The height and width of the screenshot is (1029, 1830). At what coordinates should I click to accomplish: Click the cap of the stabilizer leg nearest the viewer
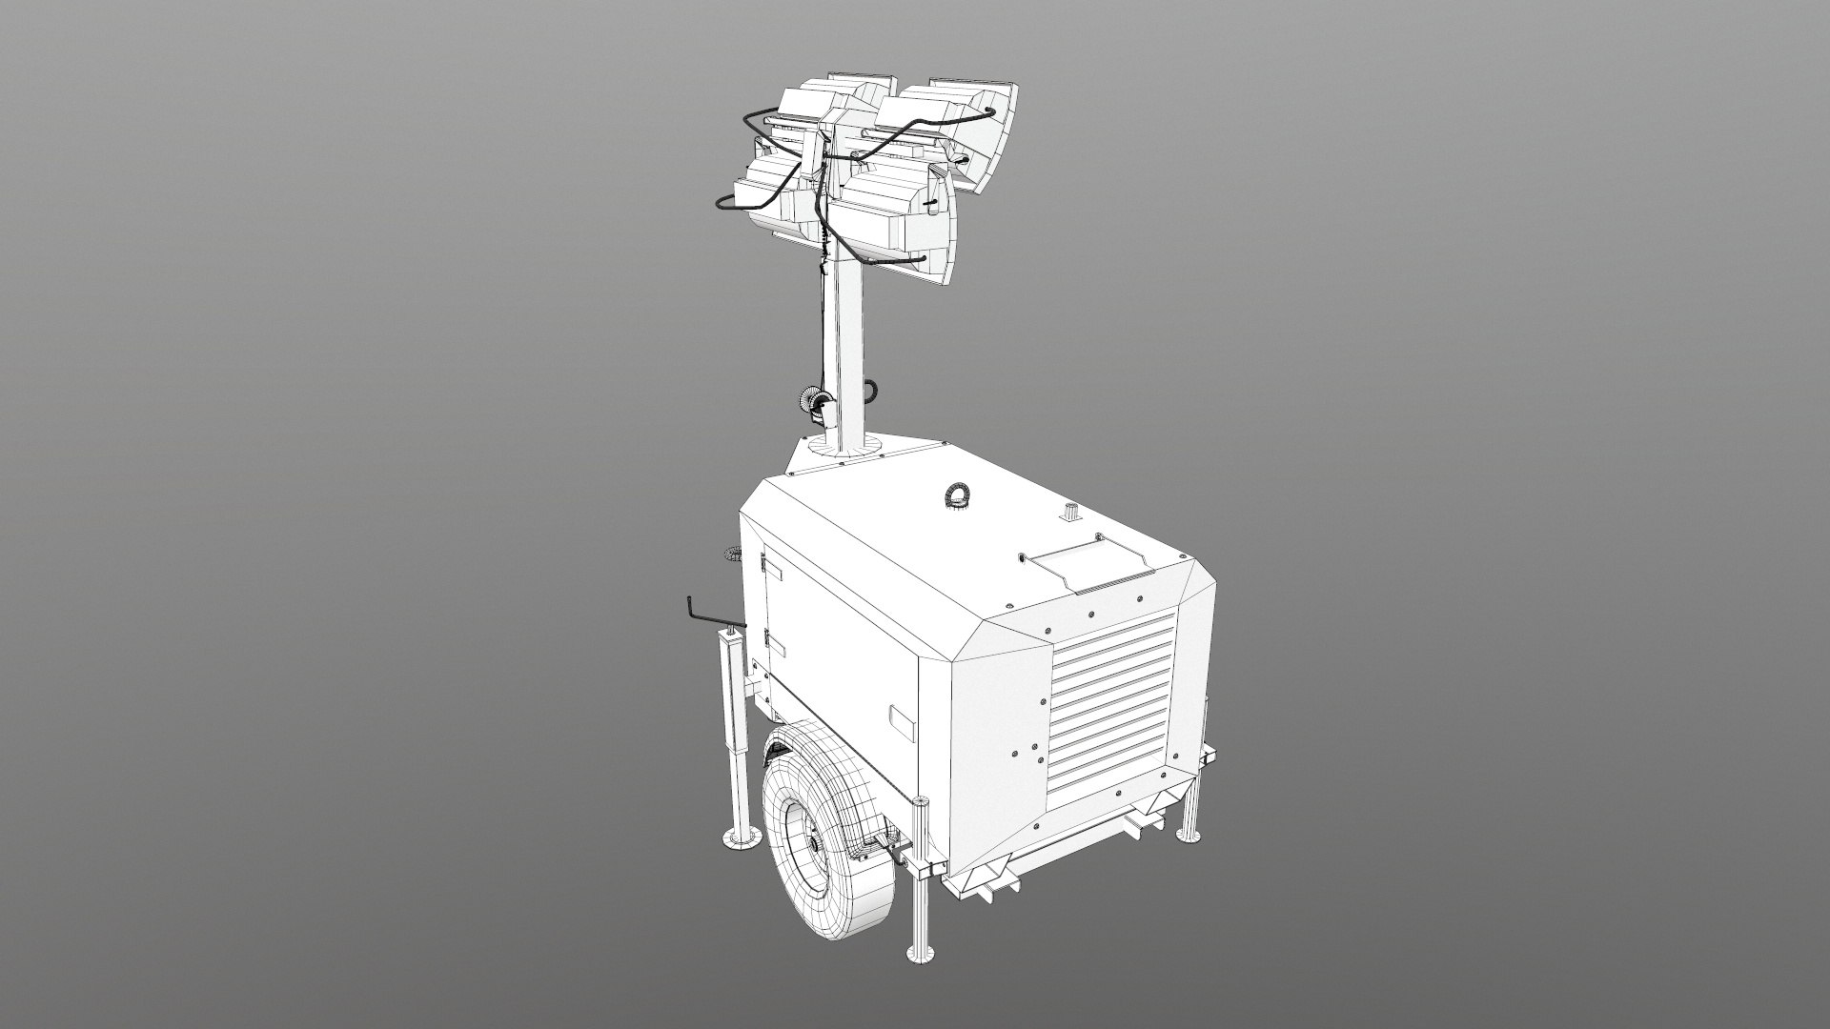[x=921, y=800]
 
